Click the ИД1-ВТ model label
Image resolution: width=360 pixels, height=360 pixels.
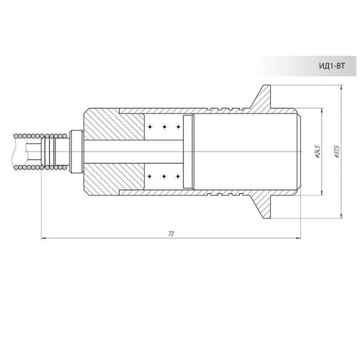332,66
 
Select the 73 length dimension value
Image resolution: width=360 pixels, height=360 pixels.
171,233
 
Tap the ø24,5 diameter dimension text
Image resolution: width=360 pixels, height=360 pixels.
318,151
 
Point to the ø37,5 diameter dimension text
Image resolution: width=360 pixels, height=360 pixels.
337,151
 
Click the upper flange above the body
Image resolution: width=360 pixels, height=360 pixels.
262,97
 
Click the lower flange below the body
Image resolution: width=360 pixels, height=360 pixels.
262,206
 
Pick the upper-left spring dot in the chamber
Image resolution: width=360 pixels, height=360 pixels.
150,127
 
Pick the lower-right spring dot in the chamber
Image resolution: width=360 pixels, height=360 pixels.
178,176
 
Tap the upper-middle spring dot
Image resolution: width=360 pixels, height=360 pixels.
164,127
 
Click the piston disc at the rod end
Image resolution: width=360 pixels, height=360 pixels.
188,151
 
